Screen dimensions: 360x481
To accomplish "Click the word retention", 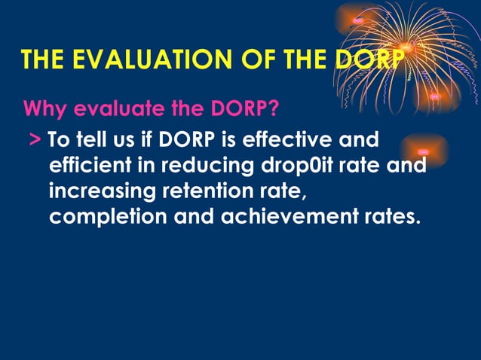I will click(204, 191).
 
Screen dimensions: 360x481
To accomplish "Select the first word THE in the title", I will click(45, 60).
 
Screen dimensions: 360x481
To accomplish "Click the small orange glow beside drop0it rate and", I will click(424, 151).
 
